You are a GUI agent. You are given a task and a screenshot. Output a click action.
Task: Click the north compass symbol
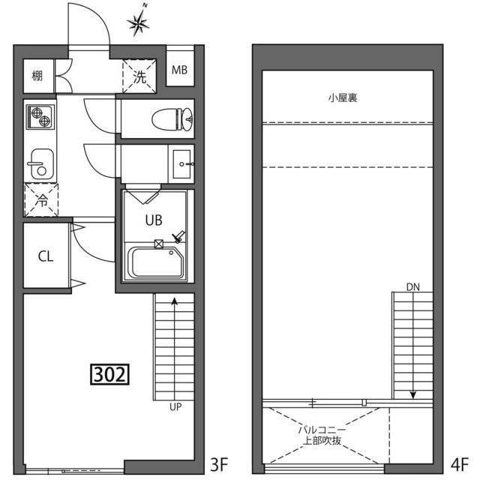(x=138, y=24)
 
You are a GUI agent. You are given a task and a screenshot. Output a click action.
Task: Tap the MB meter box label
(x=179, y=71)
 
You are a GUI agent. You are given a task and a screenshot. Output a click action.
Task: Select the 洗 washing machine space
(x=140, y=75)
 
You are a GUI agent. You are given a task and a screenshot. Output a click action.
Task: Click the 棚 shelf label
(x=37, y=75)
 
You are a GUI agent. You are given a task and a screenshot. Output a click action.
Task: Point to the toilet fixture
(x=172, y=118)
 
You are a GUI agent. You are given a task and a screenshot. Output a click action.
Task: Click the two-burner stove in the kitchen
(x=39, y=118)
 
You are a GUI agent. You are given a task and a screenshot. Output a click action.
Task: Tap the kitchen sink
(x=38, y=163)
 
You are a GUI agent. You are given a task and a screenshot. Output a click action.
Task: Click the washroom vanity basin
(x=182, y=163)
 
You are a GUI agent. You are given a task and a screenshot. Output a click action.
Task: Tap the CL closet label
(x=46, y=256)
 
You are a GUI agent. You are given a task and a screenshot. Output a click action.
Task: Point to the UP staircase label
(x=175, y=408)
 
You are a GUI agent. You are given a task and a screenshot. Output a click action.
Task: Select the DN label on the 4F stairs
(x=413, y=286)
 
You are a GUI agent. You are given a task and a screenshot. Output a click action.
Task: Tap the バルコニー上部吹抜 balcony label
(x=321, y=435)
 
